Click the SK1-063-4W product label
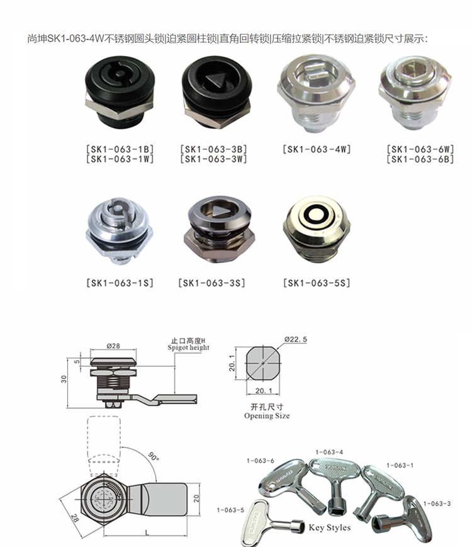point(317,149)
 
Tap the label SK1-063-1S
point(120,283)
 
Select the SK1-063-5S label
point(317,283)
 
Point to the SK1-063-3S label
point(211,283)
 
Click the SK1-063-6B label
point(420,159)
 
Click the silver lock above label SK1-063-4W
point(316,93)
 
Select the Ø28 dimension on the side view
point(113,346)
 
